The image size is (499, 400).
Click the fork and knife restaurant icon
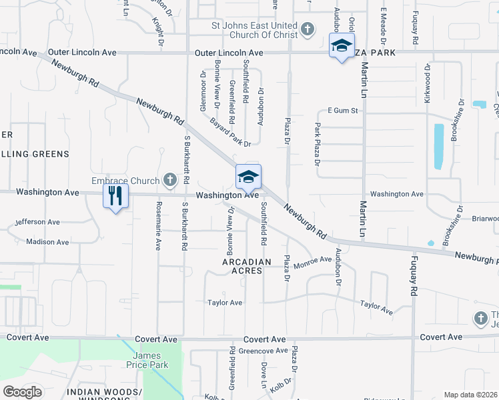[115, 195]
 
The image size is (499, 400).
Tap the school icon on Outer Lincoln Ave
[341, 46]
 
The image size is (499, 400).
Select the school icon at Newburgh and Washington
[248, 177]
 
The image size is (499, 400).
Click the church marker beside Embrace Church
[170, 180]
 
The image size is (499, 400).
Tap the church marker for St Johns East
[307, 29]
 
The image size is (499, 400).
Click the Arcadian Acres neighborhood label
[247, 267]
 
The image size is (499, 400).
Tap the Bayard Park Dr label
[229, 131]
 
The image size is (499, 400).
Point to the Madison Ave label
[47, 242]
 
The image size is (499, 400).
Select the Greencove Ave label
[263, 351]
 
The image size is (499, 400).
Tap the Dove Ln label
[264, 375]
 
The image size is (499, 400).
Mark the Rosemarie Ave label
[158, 226]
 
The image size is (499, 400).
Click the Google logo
[22, 392]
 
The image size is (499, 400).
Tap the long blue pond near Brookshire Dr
[438, 147]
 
